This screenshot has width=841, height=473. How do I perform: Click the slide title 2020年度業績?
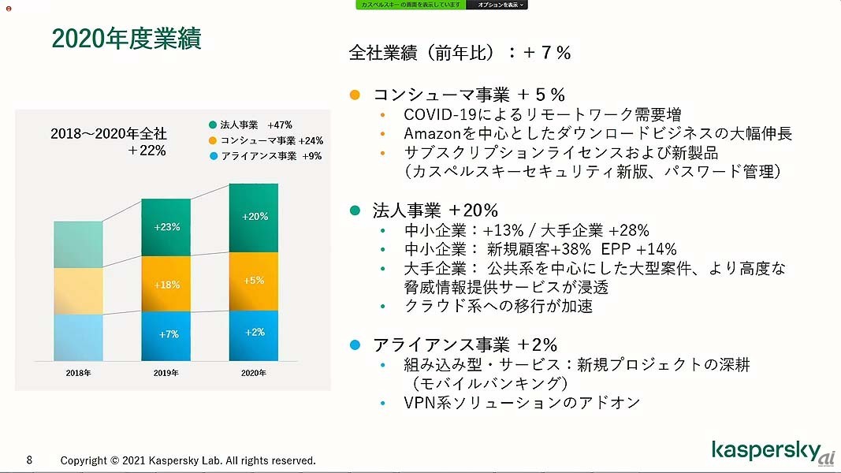coord(126,38)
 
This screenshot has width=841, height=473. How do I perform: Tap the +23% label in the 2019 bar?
coord(166,227)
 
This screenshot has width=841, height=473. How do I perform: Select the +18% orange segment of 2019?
coord(166,285)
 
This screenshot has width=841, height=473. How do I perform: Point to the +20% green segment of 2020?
coord(255,217)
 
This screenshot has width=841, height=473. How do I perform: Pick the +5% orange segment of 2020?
coord(254,280)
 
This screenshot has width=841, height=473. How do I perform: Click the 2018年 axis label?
coord(78,373)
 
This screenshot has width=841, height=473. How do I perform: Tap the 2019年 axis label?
coord(166,373)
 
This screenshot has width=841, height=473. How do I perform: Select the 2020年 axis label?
coord(254,373)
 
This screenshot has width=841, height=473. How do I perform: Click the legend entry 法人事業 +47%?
coord(251,125)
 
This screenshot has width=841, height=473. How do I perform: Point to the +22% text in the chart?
coord(147,151)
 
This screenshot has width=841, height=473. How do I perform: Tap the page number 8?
coord(29,460)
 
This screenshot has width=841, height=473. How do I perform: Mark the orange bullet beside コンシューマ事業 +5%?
coord(355,95)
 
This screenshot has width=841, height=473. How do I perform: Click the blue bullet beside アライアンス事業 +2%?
coord(355,345)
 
